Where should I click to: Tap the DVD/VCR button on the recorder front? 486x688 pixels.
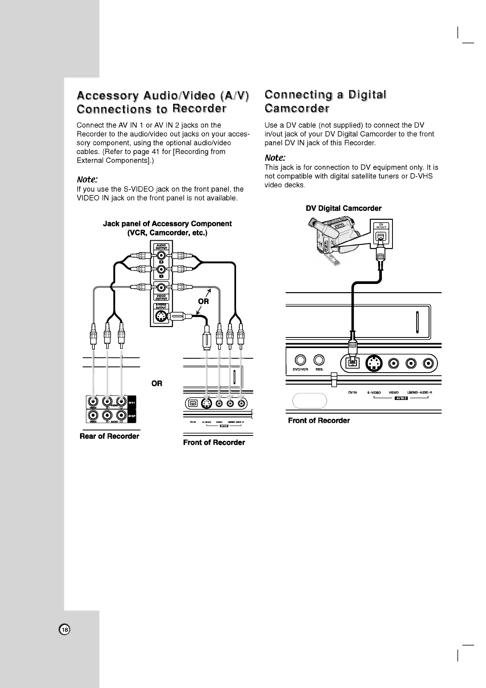pos(301,360)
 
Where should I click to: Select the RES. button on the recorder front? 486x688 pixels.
pos(319,360)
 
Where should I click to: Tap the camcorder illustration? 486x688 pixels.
pos(333,241)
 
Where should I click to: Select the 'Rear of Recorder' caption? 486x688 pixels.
pos(109,436)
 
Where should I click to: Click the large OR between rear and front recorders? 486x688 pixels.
pos(157,383)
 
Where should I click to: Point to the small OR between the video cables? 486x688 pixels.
pos(203,302)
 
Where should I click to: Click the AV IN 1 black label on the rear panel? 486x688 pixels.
pos(132,402)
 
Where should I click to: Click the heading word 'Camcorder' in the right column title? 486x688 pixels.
pos(297,109)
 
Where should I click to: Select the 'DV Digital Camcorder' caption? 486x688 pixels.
pos(343,208)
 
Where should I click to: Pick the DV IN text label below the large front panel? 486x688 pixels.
pos(352,393)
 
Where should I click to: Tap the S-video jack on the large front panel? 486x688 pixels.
pos(373,363)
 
